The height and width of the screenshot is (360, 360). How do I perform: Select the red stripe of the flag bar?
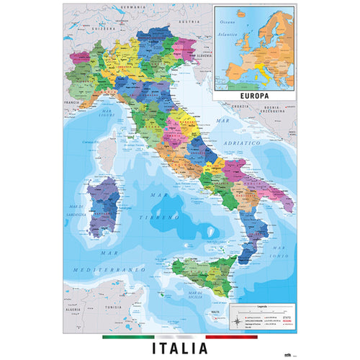231,336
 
